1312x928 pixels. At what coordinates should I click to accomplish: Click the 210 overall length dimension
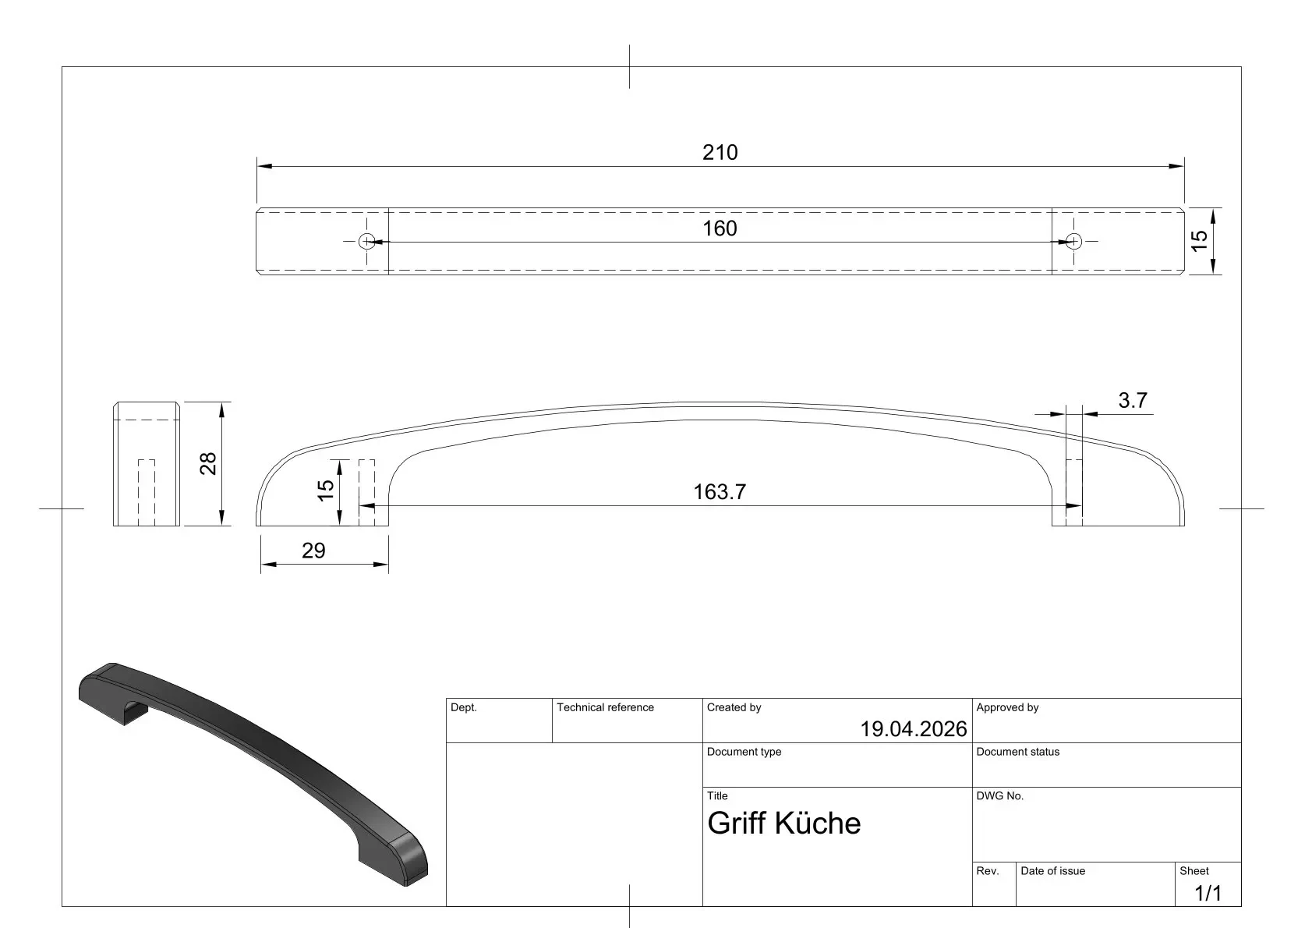[720, 152]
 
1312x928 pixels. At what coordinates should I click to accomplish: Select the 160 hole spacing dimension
[720, 228]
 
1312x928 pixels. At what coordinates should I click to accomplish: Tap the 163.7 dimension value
[720, 491]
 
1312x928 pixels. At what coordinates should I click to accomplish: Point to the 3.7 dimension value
[1133, 400]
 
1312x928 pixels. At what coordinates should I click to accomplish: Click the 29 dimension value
[313, 550]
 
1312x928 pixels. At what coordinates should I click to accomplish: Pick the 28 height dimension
[208, 463]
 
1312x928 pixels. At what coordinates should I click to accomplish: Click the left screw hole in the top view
[366, 241]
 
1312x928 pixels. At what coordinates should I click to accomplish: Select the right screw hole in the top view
[1073, 241]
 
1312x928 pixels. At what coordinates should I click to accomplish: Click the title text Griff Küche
[783, 824]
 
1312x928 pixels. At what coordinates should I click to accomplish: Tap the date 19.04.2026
[913, 729]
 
